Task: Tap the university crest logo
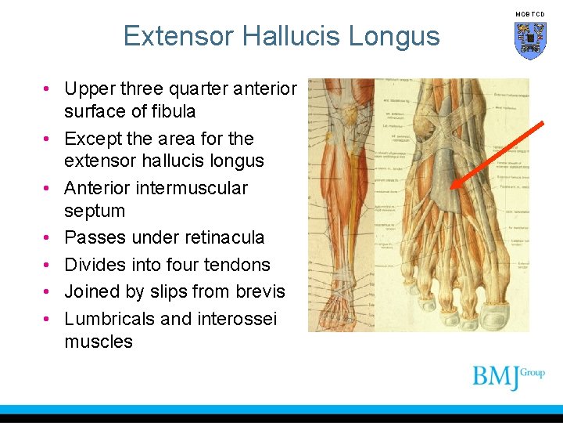pyautogui.click(x=529, y=39)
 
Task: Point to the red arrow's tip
pyautogui.click(x=451, y=189)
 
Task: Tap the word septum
pyautogui.click(x=94, y=211)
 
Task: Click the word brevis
pyautogui.click(x=260, y=291)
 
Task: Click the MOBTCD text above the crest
pyautogui.click(x=529, y=14)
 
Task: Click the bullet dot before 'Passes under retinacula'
pyautogui.click(x=48, y=238)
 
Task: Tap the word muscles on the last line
pyautogui.click(x=99, y=342)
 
